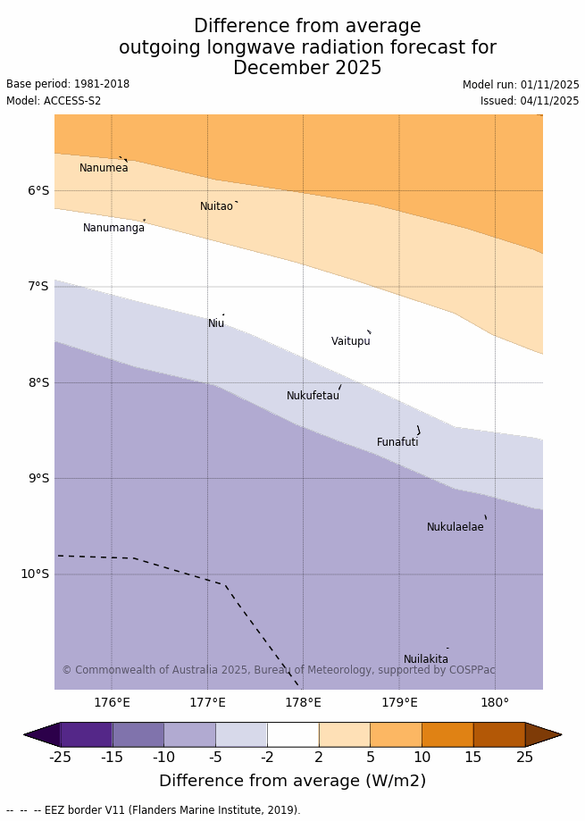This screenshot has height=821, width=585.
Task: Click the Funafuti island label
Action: (x=397, y=442)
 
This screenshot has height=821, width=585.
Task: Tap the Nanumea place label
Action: (x=104, y=168)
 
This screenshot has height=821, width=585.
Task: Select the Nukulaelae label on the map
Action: (x=455, y=527)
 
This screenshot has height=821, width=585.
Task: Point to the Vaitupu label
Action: (x=350, y=341)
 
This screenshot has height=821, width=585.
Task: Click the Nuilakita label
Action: (x=425, y=659)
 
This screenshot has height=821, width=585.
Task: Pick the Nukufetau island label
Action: (x=313, y=396)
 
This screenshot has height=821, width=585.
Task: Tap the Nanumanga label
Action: (x=113, y=228)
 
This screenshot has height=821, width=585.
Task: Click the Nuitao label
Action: (x=216, y=206)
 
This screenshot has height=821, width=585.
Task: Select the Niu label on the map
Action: (x=216, y=323)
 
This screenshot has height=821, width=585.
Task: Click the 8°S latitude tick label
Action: (x=38, y=382)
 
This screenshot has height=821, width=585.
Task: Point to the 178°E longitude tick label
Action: (x=303, y=702)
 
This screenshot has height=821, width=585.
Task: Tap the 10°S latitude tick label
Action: (x=35, y=574)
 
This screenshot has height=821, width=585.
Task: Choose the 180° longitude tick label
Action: (x=495, y=702)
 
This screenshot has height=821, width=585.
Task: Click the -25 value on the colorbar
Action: (x=60, y=758)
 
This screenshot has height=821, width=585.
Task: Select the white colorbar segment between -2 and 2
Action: (x=293, y=734)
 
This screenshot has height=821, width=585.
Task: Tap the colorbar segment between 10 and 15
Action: (x=447, y=734)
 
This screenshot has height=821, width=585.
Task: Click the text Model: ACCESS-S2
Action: (x=54, y=101)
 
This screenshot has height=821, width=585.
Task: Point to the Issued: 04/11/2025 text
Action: (x=530, y=101)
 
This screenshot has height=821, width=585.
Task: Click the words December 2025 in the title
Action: (x=307, y=68)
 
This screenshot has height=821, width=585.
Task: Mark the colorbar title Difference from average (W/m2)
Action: (x=292, y=781)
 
